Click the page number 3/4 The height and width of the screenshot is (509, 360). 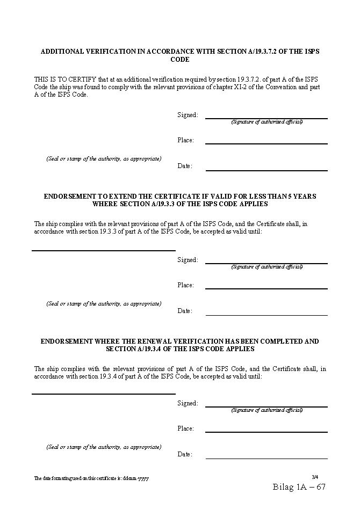click(x=315, y=477)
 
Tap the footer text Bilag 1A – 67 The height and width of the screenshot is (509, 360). click(x=299, y=487)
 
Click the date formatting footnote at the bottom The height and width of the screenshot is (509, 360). click(x=92, y=478)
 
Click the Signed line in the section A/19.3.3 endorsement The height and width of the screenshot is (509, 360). click(x=266, y=263)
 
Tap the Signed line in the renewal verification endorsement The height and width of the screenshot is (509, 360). click(x=266, y=406)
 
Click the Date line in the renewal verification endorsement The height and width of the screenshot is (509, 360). click(x=266, y=458)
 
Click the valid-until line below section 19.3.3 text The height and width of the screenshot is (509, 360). click(x=104, y=250)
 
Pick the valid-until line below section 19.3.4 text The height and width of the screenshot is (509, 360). click(x=104, y=393)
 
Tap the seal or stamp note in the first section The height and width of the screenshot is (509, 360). click(x=104, y=159)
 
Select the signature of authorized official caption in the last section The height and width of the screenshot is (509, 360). click(x=267, y=410)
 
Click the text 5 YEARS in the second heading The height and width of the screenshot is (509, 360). click(x=301, y=197)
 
